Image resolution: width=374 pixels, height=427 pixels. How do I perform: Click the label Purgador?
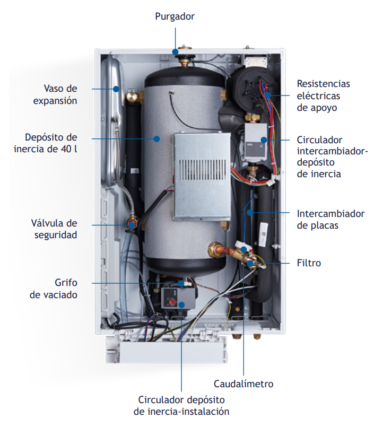click(x=175, y=16)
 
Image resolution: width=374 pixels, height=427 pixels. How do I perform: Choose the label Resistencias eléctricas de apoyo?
click(x=323, y=95)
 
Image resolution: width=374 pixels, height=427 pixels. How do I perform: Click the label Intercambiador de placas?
click(x=330, y=220)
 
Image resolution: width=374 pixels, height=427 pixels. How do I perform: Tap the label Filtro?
click(x=310, y=263)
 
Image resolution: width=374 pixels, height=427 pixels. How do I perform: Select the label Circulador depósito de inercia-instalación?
click(x=181, y=405)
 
